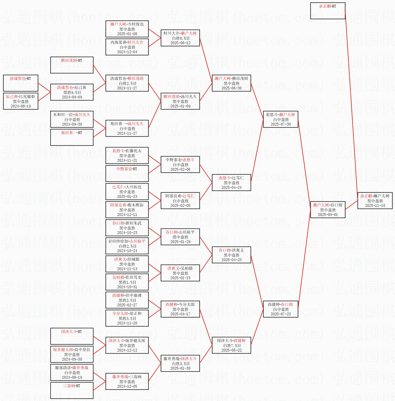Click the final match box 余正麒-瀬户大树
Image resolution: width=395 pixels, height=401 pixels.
pos(375,201)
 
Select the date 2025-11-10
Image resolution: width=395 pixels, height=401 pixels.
pos(375,206)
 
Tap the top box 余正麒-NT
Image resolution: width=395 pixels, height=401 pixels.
pos(328,11)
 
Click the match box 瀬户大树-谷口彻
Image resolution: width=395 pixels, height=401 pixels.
pos(328,210)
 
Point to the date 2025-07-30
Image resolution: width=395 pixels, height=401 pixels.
pos(281,124)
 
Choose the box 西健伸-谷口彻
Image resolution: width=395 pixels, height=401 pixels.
pos(281,309)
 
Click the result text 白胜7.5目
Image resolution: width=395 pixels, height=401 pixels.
pos(231,346)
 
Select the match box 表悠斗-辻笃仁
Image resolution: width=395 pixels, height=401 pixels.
pos(231,183)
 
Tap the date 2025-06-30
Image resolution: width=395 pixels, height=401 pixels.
pos(231,88)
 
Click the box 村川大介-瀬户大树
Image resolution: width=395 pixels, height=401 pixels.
pos(180,38)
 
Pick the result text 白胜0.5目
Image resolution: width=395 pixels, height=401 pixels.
pos(180,38)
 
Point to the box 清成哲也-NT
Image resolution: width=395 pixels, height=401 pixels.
pos(21,83)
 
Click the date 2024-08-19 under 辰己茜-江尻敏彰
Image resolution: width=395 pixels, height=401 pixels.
pos(21,106)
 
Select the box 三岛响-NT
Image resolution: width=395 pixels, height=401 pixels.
pos(72,390)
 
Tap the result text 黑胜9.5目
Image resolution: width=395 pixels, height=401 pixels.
pos(72,92)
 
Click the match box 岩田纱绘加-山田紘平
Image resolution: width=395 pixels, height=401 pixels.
pos(127,246)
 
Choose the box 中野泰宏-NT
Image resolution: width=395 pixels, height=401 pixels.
pos(127,174)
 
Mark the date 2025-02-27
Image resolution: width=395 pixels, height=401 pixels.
pos(127,305)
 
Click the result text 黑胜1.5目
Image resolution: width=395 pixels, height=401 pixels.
pos(127,282)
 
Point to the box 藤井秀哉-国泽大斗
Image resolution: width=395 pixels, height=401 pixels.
pos(180,363)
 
